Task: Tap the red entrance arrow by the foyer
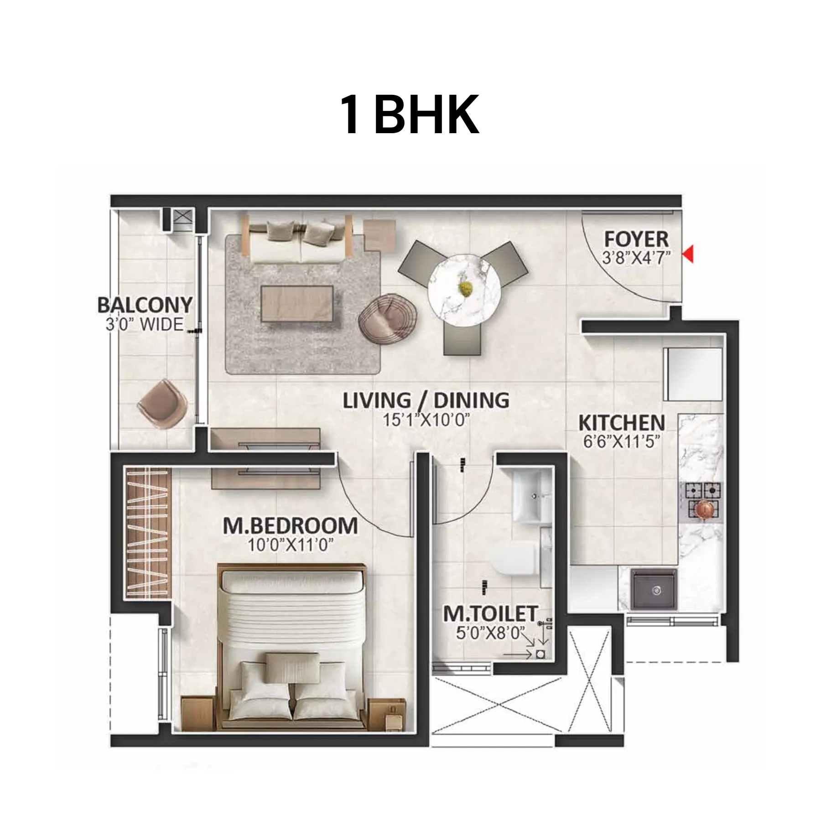point(688,254)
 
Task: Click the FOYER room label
point(636,239)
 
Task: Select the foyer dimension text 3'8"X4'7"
point(637,259)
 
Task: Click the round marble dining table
point(464,290)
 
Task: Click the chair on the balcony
point(162,403)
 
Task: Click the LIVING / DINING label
point(426,400)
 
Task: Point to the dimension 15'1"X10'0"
point(426,420)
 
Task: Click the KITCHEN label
point(621,423)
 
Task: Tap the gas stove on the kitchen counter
point(701,500)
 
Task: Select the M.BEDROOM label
point(290,526)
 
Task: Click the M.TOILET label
point(490,613)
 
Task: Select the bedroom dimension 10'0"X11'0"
point(290,545)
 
